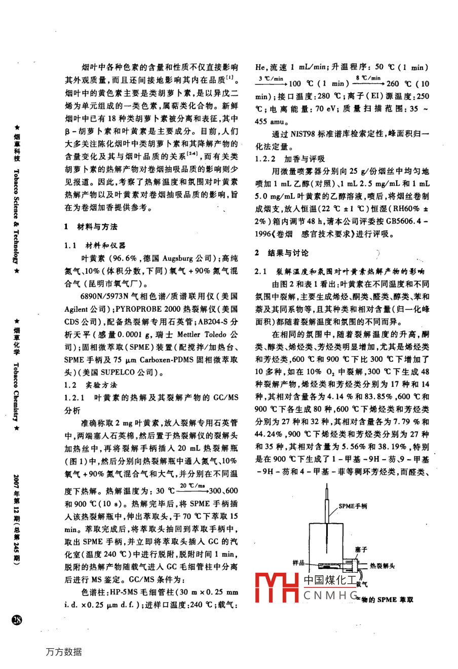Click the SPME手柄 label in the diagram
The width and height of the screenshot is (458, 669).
(x=353, y=506)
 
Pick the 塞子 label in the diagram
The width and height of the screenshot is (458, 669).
(x=361, y=549)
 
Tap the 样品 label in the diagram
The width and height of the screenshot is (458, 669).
(x=299, y=562)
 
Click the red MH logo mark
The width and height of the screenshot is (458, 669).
(x=277, y=587)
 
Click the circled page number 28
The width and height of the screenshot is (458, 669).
(x=17, y=619)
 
